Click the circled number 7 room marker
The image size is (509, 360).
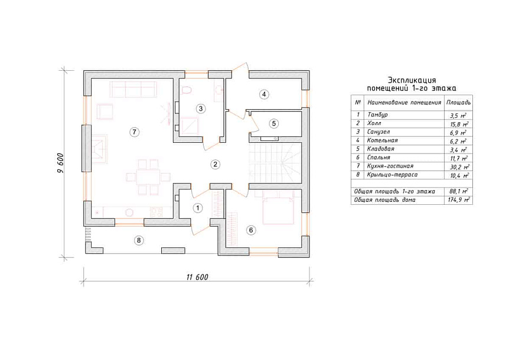click(x=134, y=132)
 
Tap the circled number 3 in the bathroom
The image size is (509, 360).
click(x=201, y=109)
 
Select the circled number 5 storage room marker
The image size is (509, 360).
click(x=274, y=123)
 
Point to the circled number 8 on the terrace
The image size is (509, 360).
click(x=139, y=240)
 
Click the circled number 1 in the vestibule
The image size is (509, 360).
click(x=198, y=208)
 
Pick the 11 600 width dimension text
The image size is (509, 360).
click(x=197, y=277)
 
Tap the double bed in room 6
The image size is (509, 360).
click(x=279, y=207)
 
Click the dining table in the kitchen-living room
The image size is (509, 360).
click(x=148, y=177)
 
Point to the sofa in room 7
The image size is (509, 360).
click(x=133, y=89)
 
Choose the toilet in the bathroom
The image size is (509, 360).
click(x=187, y=90)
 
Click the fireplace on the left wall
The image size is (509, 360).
click(x=100, y=149)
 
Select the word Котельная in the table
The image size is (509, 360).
click(x=383, y=140)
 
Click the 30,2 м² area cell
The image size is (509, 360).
click(x=458, y=167)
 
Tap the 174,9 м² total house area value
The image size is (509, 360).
click(x=458, y=200)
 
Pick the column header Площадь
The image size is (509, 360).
click(x=458, y=103)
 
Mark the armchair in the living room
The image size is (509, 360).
click(x=105, y=111)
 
